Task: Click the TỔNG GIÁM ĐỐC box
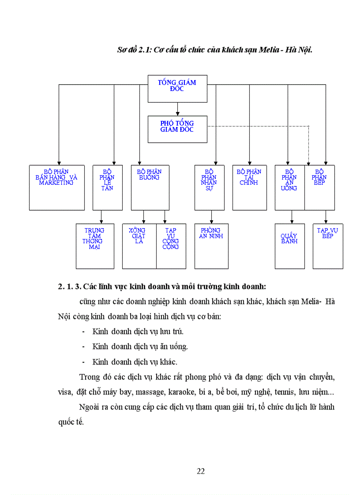pos(177,89)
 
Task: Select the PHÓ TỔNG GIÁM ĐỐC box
pos(177,129)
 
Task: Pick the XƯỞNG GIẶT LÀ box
pos(139,246)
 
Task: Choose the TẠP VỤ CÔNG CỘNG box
pos(170,246)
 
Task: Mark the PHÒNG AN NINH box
pos(211,246)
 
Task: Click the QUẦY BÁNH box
pos(289,246)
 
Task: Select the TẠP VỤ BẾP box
pos(328,246)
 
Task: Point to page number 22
pos(201,471)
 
